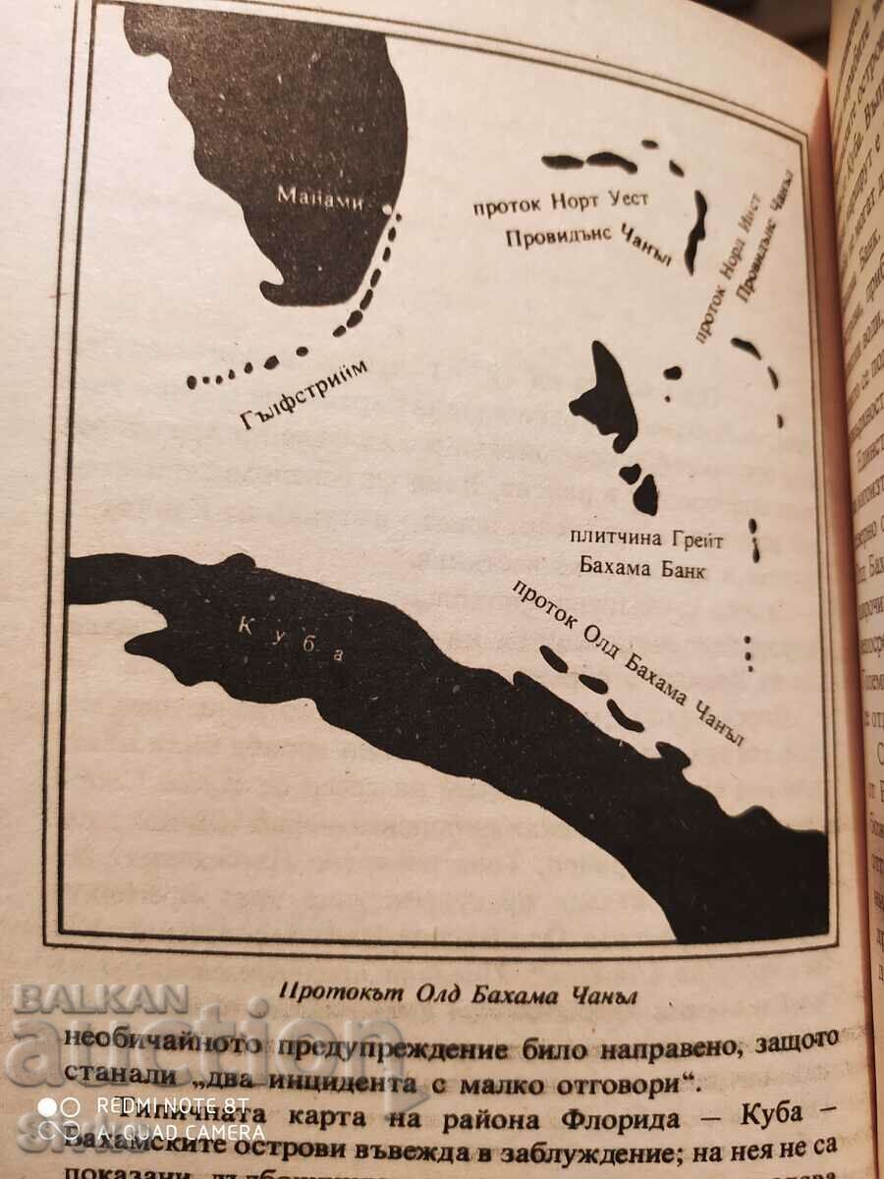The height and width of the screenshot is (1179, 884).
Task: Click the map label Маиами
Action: point(320,196)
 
